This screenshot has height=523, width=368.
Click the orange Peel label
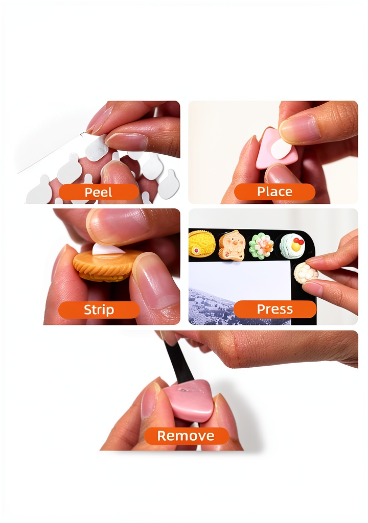tap(99, 192)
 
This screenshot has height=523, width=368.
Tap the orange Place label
tap(274, 192)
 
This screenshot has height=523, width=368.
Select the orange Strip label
tap(99, 310)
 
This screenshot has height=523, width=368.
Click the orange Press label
tap(274, 309)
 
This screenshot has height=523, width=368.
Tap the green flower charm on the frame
tap(261, 246)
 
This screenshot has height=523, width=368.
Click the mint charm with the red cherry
tap(292, 246)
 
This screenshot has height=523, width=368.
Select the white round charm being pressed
tap(306, 273)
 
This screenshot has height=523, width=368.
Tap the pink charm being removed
tap(188, 399)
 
